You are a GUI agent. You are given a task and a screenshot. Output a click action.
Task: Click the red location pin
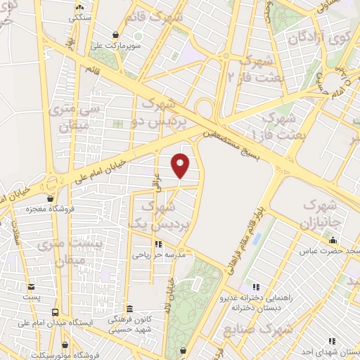click(x=181, y=166)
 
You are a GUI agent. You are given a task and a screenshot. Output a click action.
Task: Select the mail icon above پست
click(x=31, y=286)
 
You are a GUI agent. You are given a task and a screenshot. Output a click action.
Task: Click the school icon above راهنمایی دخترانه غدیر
click(x=256, y=287)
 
